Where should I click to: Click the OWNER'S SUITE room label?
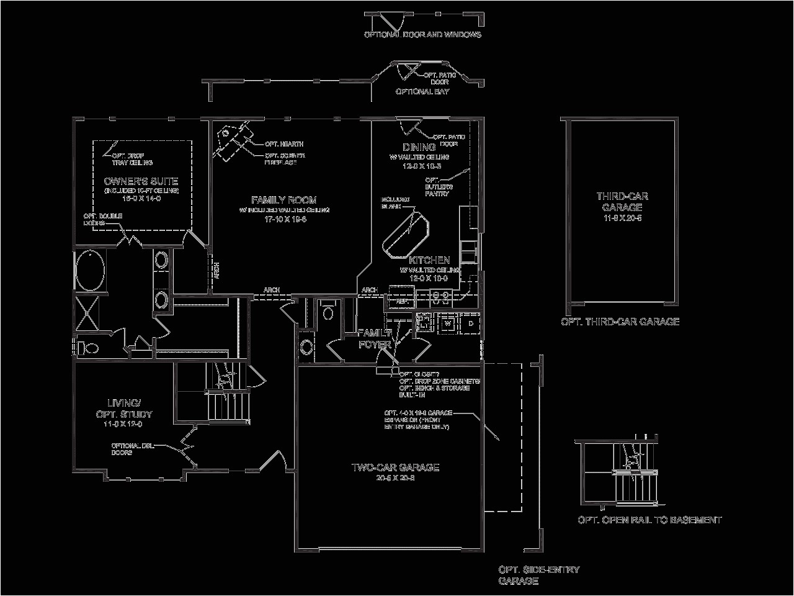click(141, 181)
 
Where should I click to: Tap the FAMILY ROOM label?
click(283, 200)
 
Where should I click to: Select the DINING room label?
click(419, 147)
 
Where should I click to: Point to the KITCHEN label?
click(429, 260)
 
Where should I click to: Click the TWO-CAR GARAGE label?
click(395, 467)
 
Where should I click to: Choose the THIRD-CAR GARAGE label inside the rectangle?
click(622, 202)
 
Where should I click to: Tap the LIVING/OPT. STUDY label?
click(124, 409)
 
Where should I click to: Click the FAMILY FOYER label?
click(375, 338)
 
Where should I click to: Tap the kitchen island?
click(405, 235)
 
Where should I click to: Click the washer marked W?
click(447, 323)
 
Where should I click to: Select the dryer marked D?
click(470, 323)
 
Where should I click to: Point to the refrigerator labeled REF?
click(401, 300)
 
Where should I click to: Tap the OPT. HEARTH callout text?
click(284, 144)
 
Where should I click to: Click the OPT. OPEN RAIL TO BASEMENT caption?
click(649, 520)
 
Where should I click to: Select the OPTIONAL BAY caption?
click(422, 91)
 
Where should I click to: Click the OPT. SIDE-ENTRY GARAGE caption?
click(539, 576)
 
